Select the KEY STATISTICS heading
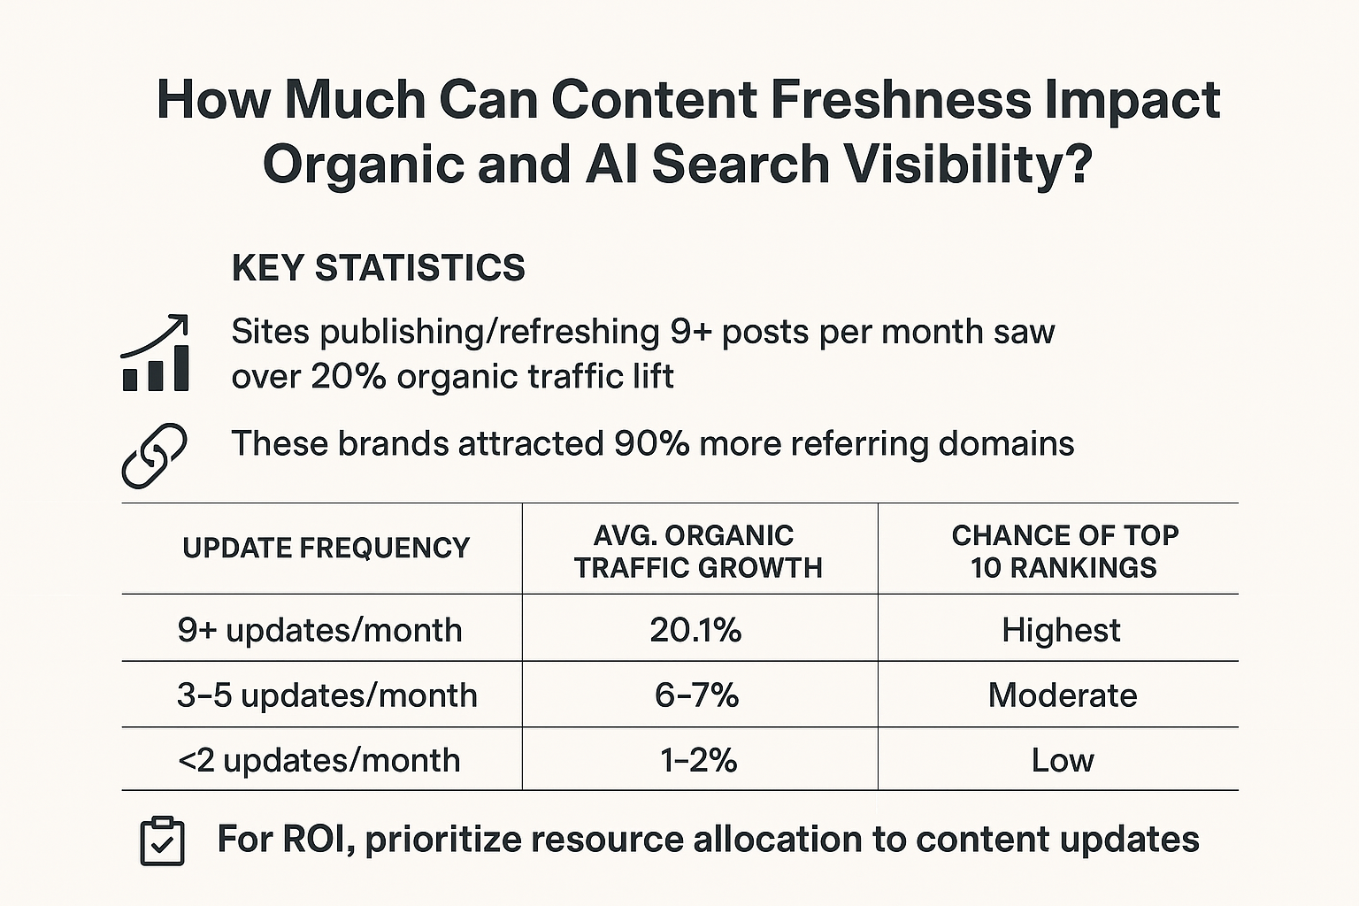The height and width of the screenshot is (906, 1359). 378,267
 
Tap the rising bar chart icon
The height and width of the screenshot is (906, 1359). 155,353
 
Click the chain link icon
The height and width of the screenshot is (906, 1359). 154,455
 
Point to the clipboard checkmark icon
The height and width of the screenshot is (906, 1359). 163,841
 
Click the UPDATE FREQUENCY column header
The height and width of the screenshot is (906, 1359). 326,549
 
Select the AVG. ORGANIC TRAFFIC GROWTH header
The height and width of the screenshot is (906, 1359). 698,551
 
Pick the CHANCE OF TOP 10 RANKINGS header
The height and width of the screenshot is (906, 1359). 1064,551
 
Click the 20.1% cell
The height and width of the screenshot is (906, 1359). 695,630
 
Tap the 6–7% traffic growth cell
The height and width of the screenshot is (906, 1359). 696,695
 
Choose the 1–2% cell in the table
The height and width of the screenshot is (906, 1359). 698,760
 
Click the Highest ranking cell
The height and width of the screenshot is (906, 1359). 1061,630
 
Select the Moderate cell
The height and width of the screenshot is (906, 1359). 1063,695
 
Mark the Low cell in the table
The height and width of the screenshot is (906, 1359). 1063,760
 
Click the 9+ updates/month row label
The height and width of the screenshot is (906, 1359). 319,630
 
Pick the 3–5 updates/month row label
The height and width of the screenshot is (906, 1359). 326,695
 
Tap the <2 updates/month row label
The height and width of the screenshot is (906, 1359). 319,760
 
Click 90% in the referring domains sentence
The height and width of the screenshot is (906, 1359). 651,443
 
